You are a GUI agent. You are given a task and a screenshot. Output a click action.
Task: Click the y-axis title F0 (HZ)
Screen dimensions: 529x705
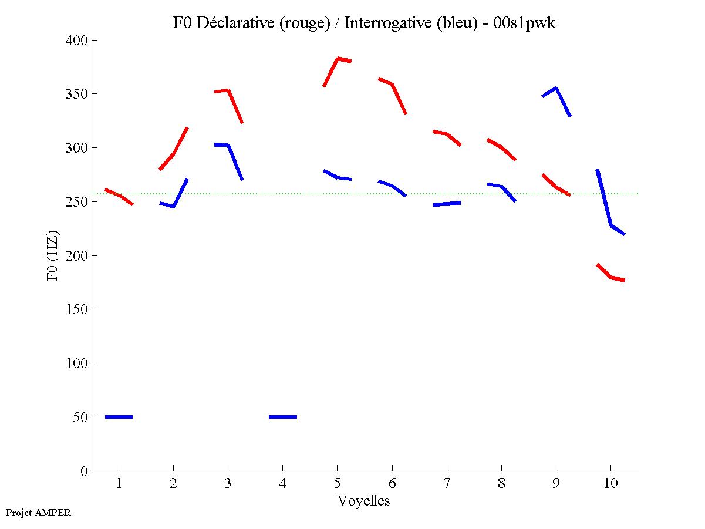point(53,255)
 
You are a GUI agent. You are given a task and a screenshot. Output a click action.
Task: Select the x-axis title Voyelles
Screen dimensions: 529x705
point(364,501)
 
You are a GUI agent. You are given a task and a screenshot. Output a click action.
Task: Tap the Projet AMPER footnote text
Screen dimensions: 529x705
point(38,513)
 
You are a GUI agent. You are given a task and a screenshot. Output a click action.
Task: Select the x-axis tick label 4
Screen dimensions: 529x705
point(282,484)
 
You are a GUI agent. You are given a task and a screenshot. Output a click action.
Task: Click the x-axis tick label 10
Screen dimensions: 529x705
point(610,484)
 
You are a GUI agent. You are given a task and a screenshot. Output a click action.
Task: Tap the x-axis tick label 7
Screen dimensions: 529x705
point(447,484)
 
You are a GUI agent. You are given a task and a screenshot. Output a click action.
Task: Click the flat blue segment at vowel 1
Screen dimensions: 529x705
point(119,417)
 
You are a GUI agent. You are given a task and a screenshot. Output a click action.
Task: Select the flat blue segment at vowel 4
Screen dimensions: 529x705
point(282,417)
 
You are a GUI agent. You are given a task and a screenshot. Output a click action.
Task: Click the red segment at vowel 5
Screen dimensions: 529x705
point(338,59)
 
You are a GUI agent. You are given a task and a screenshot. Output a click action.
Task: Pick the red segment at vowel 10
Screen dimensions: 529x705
point(611,277)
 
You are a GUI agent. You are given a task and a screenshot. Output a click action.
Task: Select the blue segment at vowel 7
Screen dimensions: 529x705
point(447,204)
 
